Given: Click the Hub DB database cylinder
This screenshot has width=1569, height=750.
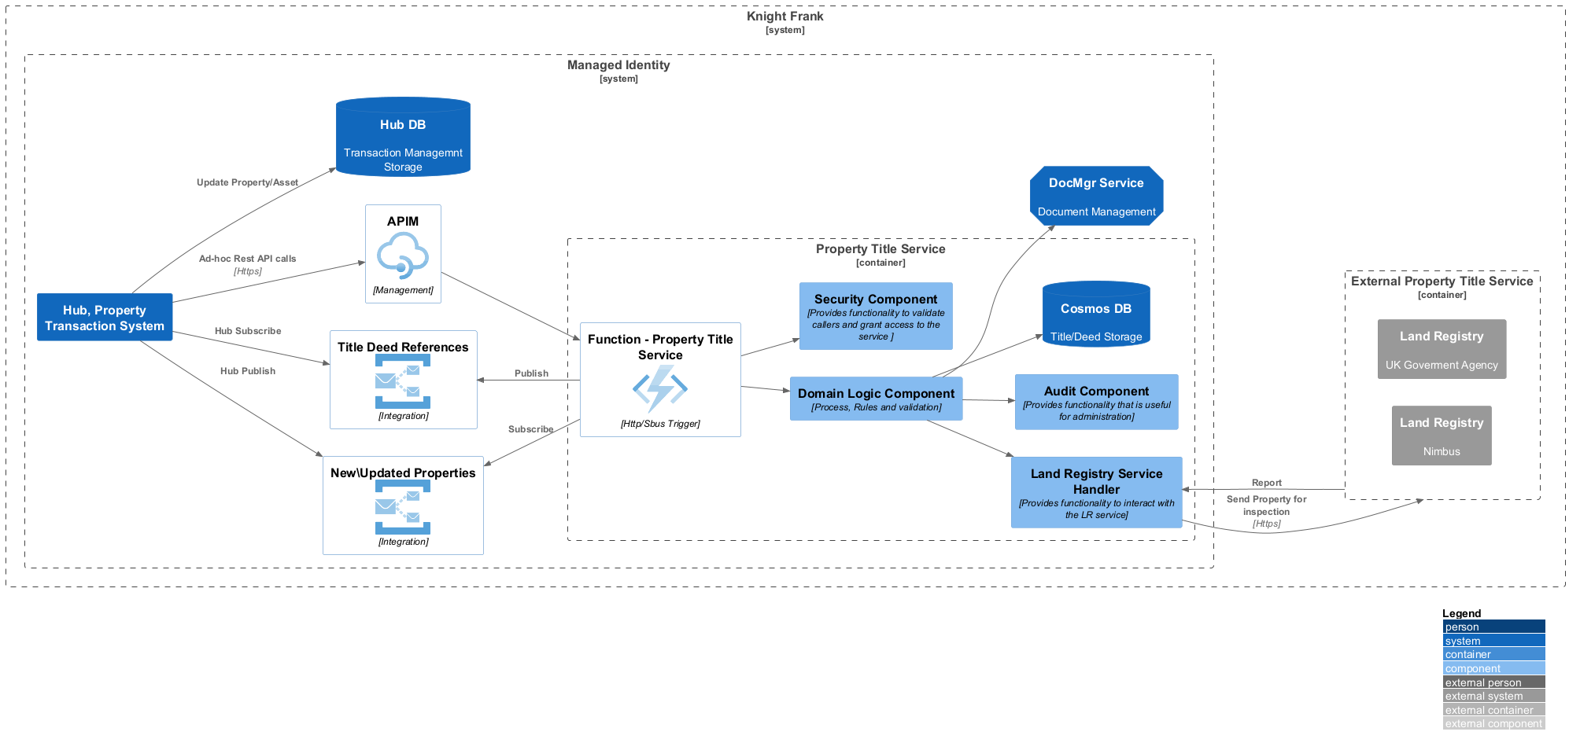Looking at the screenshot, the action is click(x=403, y=137).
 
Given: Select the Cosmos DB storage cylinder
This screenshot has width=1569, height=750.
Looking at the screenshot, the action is click(x=1096, y=314).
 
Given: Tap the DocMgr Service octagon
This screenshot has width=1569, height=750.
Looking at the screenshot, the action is click(x=1096, y=196).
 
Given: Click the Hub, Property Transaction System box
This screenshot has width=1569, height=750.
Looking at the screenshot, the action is click(x=105, y=317).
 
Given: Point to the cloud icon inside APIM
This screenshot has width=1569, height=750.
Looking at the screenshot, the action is click(x=403, y=256).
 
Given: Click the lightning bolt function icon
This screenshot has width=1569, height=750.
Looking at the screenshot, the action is click(x=660, y=388).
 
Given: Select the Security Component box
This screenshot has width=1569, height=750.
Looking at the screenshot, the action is click(x=876, y=316).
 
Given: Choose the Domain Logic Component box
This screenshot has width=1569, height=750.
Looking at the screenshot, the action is click(x=876, y=399).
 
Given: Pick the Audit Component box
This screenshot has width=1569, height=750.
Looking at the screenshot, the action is click(x=1096, y=402).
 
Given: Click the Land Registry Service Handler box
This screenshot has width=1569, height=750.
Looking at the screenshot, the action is click(x=1096, y=492).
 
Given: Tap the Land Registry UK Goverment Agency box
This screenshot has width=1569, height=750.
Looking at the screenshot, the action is click(x=1442, y=349).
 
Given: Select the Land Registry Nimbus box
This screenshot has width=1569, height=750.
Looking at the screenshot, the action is click(x=1442, y=436).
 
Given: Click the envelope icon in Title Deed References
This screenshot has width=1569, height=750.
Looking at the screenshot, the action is click(x=403, y=381).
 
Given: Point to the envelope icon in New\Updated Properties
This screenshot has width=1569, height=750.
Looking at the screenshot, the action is click(x=403, y=507).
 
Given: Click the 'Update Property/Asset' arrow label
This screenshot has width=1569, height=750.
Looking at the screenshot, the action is click(x=247, y=182).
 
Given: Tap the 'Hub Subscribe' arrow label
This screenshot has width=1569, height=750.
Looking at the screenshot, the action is click(x=248, y=331).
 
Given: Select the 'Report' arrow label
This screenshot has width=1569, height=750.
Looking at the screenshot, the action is click(x=1267, y=483).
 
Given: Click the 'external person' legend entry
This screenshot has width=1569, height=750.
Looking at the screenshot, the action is click(x=1493, y=682).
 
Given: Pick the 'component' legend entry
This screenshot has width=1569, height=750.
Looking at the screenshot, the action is click(x=1493, y=668).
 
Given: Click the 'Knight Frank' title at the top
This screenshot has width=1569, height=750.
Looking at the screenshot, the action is click(x=784, y=17).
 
